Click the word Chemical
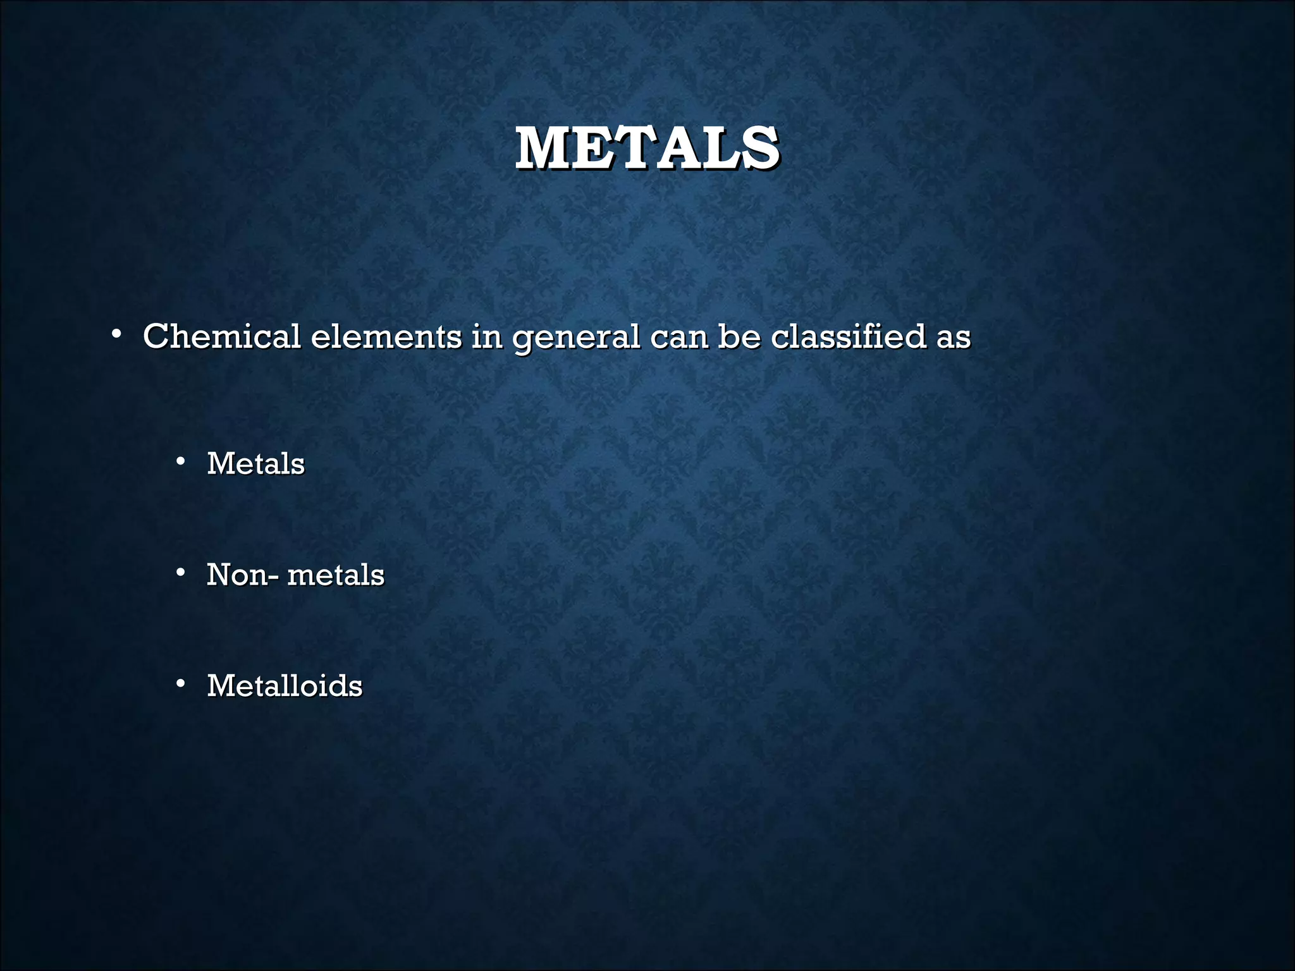[221, 336]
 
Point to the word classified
[849, 336]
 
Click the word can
[678, 337]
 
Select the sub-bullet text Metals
[255, 463]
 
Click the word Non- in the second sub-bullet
[242, 575]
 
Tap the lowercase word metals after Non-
[336, 575]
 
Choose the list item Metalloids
[285, 686]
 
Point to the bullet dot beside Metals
[181, 461]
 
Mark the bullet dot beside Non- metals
[181, 573]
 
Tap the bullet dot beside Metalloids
[181, 683]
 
